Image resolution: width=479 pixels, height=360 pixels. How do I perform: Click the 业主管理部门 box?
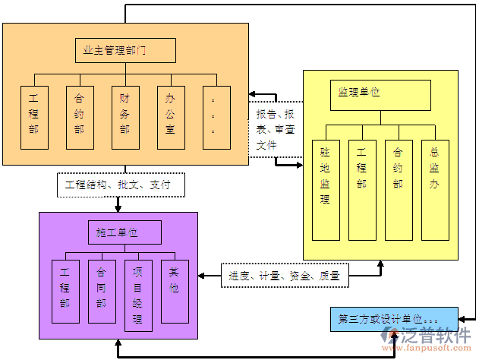125,51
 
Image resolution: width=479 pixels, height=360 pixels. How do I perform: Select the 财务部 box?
125,116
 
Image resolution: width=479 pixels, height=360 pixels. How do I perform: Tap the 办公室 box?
171,116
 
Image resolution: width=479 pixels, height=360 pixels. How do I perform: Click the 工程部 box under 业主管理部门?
34,116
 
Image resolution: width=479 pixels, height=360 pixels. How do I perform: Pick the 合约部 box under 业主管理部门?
80,116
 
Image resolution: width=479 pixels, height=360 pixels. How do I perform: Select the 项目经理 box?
138,295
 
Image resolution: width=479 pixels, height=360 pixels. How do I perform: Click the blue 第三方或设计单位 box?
394,319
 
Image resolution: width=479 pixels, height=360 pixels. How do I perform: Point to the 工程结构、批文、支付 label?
118,185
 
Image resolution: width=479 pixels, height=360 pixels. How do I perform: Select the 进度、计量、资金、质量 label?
285,275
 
